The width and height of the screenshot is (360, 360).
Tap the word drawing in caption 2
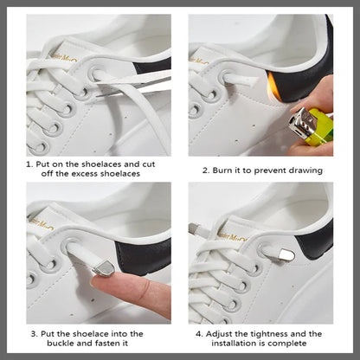click(x=303, y=170)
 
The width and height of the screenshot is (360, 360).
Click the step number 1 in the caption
click(x=28, y=163)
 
